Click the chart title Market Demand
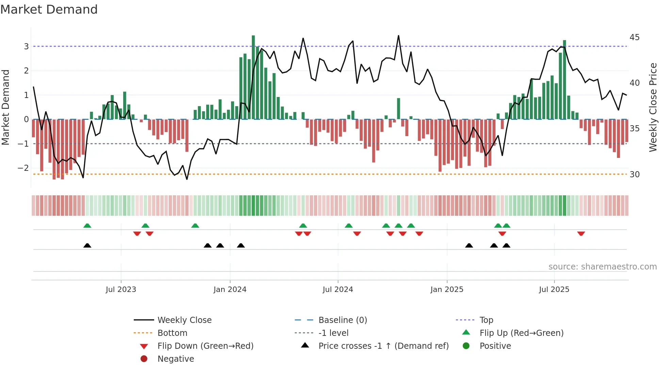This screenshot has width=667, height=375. pos(49,10)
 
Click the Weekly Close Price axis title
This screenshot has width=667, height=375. pos(653,107)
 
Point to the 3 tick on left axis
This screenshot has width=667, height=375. pos(26,46)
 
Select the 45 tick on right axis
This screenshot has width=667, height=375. pos(634,37)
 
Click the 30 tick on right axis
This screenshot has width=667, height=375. pos(634,175)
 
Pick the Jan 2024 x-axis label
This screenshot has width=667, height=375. pos(230,290)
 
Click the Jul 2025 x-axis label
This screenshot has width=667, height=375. pos(554,290)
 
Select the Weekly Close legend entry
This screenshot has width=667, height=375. pos(184,320)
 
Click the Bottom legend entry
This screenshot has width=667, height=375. pos(172,333)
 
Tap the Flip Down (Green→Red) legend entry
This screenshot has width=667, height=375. pos(205,346)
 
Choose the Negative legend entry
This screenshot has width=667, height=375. pos(176,359)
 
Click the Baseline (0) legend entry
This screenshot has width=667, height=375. pos(342,320)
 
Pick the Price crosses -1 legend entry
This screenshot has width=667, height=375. pos(383,346)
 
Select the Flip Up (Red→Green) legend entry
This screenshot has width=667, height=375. pos(521,333)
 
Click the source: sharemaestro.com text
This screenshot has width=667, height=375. pos(602,267)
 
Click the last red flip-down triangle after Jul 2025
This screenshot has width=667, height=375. pos(581,233)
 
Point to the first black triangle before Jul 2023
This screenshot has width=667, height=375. pos(87,245)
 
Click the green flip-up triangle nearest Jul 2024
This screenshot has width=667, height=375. pos(348,226)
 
